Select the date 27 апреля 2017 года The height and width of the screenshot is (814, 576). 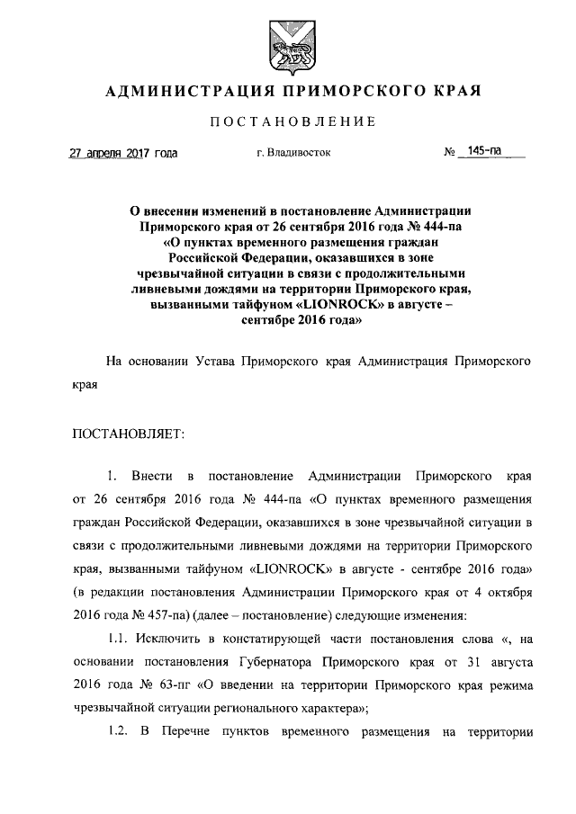click(123, 154)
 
